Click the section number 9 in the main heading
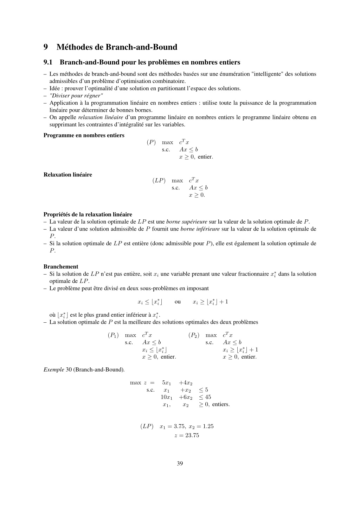46,47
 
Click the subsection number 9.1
48,63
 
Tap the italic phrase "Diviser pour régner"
76,96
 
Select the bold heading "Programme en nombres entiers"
84,135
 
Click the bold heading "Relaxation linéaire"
67,175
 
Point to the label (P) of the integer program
151,142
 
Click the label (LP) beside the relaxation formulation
159,180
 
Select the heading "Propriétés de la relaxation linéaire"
88,214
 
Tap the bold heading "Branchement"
61,266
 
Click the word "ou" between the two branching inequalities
178,302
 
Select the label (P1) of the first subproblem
113,335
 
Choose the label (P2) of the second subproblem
194,335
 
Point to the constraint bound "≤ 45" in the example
205,397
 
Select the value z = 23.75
187,436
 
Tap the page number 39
180,463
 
